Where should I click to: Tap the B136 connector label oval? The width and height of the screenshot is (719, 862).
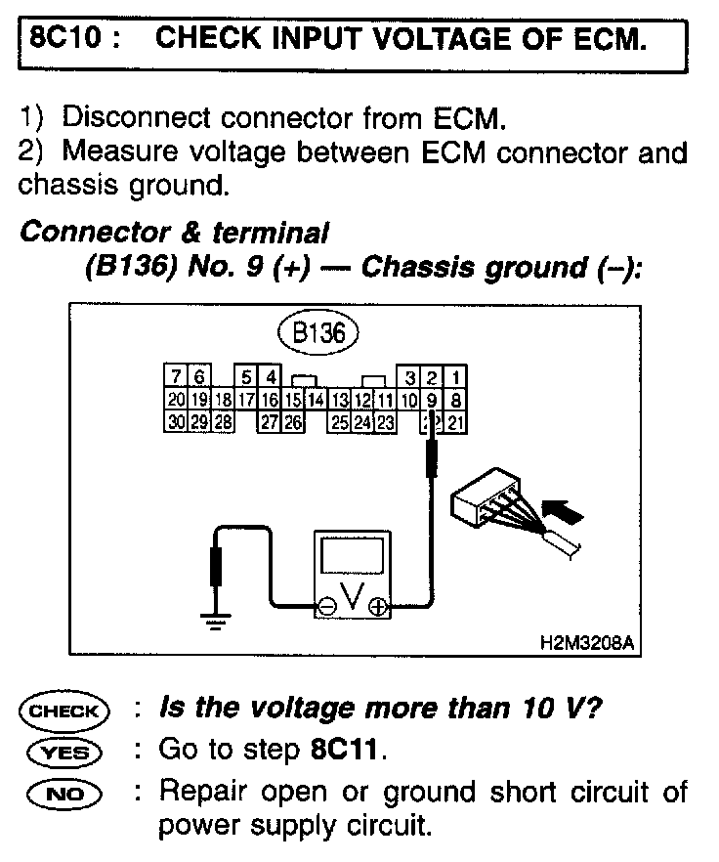point(318,332)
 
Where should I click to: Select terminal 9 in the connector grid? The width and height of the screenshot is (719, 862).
point(433,399)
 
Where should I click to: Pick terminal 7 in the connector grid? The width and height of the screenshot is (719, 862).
point(175,377)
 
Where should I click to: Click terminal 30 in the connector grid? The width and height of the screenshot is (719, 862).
point(176,421)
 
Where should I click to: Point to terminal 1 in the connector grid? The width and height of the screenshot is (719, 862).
point(456,377)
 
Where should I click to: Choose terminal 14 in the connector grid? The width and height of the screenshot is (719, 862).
point(317,399)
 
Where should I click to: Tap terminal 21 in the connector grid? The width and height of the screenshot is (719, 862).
point(456,421)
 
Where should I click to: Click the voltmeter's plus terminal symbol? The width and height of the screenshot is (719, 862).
point(377,607)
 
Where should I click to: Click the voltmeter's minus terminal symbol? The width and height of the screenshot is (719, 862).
point(325,607)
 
